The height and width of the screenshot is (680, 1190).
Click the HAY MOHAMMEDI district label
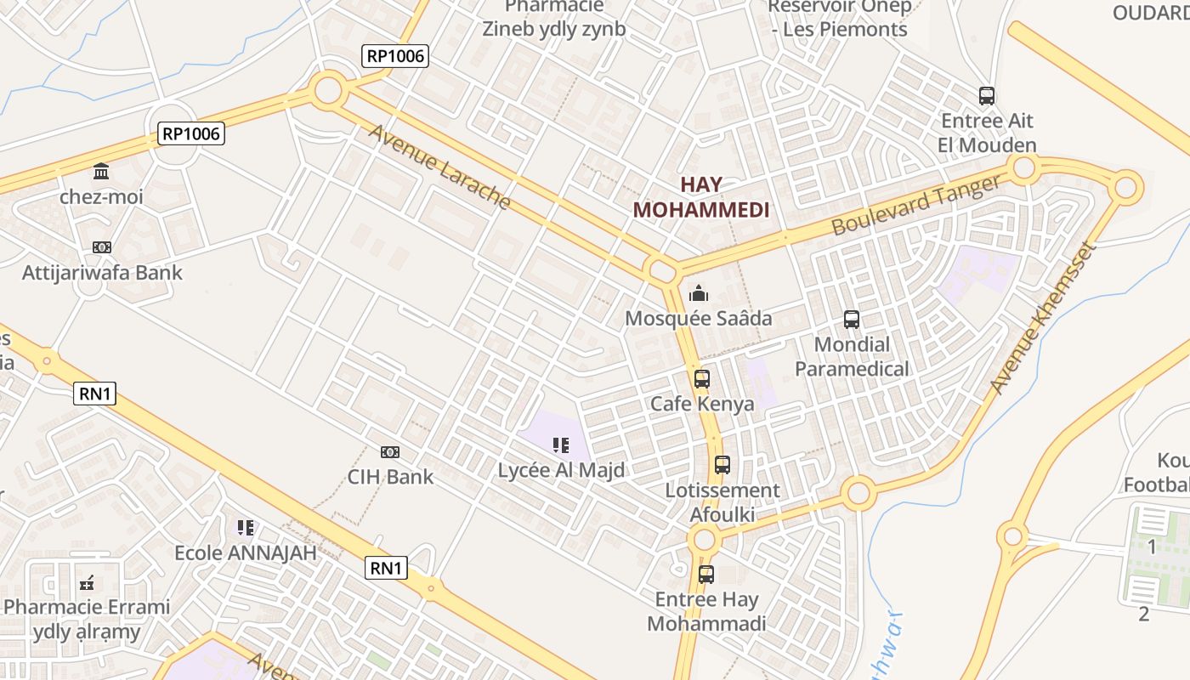[x=701, y=197]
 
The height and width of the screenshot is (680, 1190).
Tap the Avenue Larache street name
[x=439, y=167]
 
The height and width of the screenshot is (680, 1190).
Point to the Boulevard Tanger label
[x=917, y=205]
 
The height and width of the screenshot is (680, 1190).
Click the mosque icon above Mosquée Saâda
[x=699, y=294]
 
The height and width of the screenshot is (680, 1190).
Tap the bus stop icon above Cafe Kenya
[x=701, y=379]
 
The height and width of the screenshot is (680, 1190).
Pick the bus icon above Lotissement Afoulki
[x=722, y=465]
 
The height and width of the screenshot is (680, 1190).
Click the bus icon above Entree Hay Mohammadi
[x=705, y=574]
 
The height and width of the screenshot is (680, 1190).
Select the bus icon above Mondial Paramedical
[x=851, y=320]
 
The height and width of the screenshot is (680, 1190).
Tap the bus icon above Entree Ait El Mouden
[x=986, y=96]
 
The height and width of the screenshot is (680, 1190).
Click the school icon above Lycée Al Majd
[x=560, y=445]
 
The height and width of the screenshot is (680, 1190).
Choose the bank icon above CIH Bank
[x=390, y=452]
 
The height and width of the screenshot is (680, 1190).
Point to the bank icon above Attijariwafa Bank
[x=102, y=247]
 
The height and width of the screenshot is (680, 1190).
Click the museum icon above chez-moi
[x=101, y=172]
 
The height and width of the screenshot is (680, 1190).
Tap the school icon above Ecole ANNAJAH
[x=246, y=528]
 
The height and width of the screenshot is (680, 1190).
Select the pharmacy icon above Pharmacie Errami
[x=87, y=583]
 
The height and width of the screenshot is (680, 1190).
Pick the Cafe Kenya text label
[x=702, y=404]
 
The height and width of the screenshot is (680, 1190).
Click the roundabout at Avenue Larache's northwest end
[x=328, y=89]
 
